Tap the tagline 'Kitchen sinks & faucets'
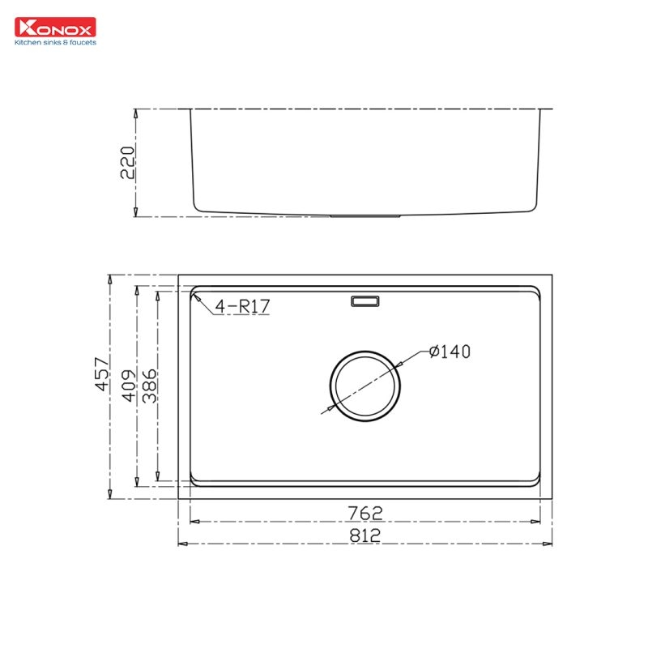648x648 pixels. click(55, 41)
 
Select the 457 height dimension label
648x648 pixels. click(101, 373)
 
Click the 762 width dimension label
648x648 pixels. click(365, 512)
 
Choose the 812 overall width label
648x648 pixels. click(365, 535)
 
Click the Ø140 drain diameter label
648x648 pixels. click(450, 352)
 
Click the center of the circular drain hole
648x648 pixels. click(365, 386)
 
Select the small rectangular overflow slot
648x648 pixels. click(365, 301)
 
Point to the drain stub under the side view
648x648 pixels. click(365, 216)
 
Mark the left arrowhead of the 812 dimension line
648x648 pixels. click(181, 544)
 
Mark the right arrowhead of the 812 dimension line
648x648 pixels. click(549, 544)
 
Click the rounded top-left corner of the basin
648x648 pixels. click(194, 292)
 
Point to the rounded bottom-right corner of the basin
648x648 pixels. click(536, 481)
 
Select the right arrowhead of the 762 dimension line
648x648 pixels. click(538, 521)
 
